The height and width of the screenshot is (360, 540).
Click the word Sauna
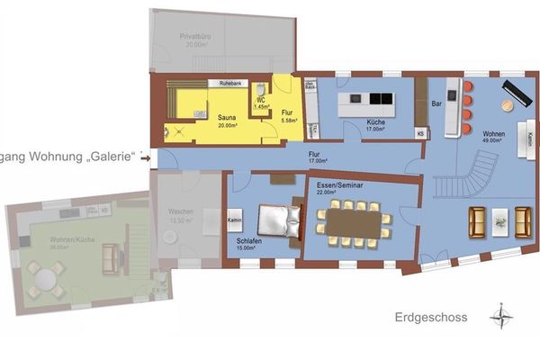coord(228,117)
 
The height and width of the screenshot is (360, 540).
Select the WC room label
coord(260,101)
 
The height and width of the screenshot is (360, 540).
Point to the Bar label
coord(436,103)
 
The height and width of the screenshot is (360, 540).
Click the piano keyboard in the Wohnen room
coord(520,93)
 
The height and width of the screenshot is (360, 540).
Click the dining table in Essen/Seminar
coord(354,219)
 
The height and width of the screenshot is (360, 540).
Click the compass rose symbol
coord(500,317)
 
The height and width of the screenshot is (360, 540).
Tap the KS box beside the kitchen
coord(419,133)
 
